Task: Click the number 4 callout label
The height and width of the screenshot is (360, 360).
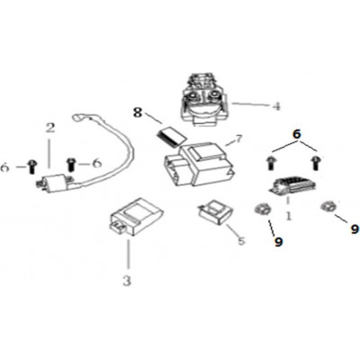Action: [276, 106]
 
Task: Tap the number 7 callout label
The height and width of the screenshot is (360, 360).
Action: [238, 139]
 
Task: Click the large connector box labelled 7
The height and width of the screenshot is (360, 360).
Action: [199, 165]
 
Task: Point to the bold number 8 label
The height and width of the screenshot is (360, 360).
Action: [137, 112]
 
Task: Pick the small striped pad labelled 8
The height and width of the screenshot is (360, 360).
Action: [171, 137]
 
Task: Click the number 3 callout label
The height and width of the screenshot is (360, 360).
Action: [127, 281]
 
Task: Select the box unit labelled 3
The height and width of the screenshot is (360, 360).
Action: [137, 217]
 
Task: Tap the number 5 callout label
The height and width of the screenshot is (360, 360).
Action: [241, 240]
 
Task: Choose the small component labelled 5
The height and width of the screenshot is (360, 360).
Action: [215, 211]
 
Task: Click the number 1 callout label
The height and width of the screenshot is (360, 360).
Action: [289, 216]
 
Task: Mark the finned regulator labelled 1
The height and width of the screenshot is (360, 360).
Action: [294, 186]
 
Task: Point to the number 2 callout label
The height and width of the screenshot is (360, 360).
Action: [50, 128]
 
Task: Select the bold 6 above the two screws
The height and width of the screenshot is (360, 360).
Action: [297, 134]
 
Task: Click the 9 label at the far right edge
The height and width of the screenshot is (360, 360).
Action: [355, 229]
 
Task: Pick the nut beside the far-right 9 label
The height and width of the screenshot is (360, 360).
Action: [327, 207]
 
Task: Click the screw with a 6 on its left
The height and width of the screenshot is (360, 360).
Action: [31, 166]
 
